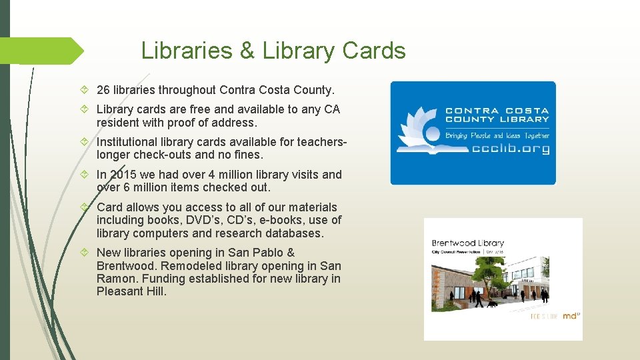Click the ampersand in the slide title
pos(247,51)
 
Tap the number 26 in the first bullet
pos(103,90)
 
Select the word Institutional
pos(128,142)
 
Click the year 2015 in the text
pos(123,175)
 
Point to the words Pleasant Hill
pos(131,291)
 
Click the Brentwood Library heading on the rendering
pos(467,243)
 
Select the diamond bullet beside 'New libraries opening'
pos(85,253)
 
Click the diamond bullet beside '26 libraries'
pos(85,90)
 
